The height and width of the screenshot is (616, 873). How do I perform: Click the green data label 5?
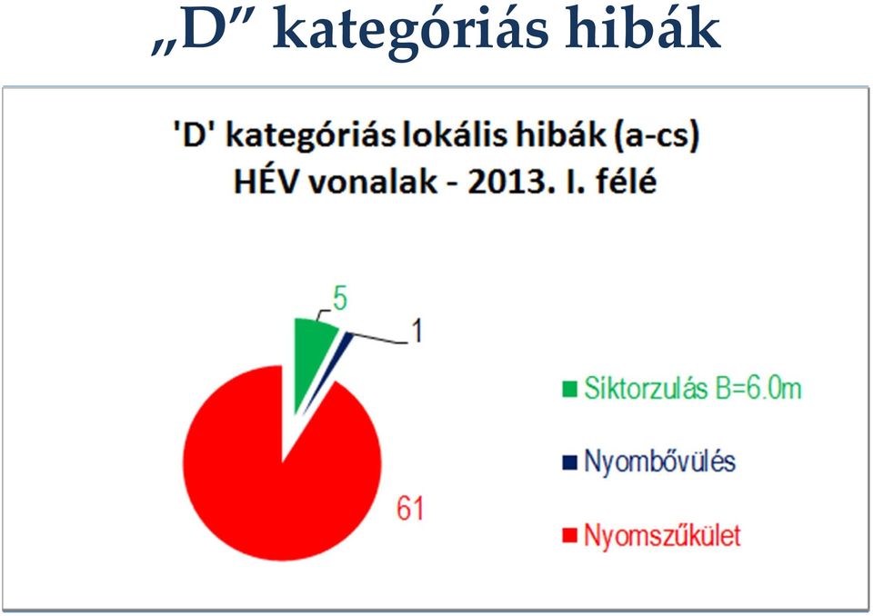[x=340, y=298]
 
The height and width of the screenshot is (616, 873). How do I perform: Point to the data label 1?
[x=416, y=331]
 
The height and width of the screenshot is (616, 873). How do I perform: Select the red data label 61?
[x=410, y=508]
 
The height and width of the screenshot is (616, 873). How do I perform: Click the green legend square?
[x=569, y=389]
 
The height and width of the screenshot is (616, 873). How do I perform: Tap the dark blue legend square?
[x=569, y=462]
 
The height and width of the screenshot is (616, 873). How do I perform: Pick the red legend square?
[x=569, y=536]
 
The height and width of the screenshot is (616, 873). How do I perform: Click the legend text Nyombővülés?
[x=660, y=462]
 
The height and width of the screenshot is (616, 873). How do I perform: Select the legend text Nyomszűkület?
[x=663, y=536]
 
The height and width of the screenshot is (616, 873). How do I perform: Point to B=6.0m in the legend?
[x=758, y=388]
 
